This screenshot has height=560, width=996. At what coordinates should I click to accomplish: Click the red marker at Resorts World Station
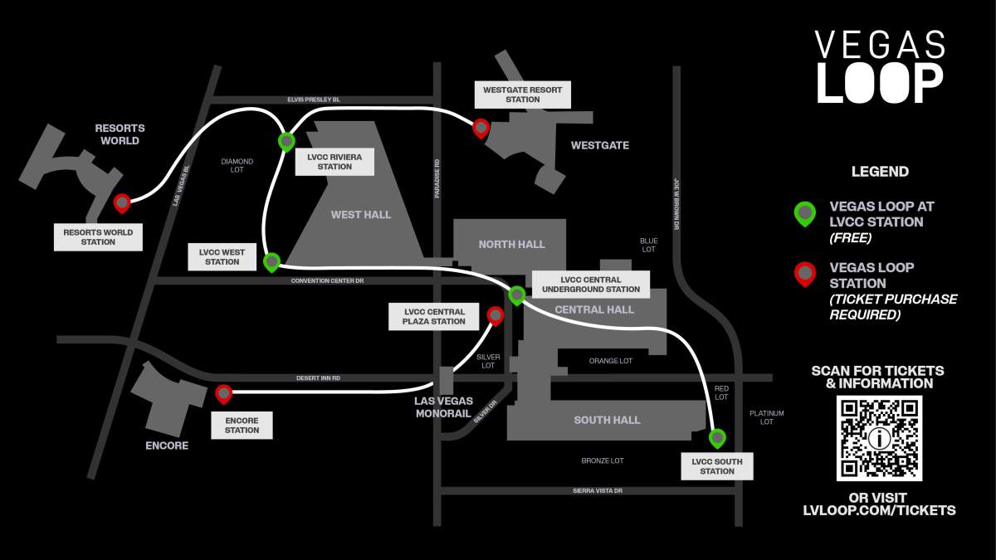pyautogui.click(x=122, y=202)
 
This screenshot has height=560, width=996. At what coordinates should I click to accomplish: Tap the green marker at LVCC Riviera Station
pyautogui.click(x=286, y=142)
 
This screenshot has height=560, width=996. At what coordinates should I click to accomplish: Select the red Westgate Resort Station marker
pyautogui.click(x=481, y=128)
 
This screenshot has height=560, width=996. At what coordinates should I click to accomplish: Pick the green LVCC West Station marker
pyautogui.click(x=271, y=262)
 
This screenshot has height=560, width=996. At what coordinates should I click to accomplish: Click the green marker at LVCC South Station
pyautogui.click(x=717, y=437)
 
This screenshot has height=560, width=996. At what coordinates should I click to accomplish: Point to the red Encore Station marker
pyautogui.click(x=223, y=394)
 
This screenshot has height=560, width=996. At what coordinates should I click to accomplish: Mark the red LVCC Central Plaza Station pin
pyautogui.click(x=496, y=315)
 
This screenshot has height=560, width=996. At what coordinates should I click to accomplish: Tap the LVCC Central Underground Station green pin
pyautogui.click(x=517, y=295)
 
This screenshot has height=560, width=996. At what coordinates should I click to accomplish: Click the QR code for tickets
pyautogui.click(x=879, y=438)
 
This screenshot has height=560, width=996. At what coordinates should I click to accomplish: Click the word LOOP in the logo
pyautogui.click(x=880, y=82)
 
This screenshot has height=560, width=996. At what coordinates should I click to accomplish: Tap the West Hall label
pyautogui.click(x=361, y=215)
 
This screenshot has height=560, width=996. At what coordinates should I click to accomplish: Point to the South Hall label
pyautogui.click(x=607, y=420)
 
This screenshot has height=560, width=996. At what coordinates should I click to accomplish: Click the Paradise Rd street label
pyautogui.click(x=437, y=178)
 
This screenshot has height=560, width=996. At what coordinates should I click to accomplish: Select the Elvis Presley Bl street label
pyautogui.click(x=314, y=100)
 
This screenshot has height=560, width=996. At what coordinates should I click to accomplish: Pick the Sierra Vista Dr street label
pyautogui.click(x=598, y=491)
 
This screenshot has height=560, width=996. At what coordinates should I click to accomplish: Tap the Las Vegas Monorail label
pyautogui.click(x=444, y=407)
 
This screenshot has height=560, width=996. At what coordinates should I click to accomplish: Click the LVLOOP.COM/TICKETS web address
pyautogui.click(x=879, y=511)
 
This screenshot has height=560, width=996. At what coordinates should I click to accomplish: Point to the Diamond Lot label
pyautogui.click(x=237, y=167)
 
